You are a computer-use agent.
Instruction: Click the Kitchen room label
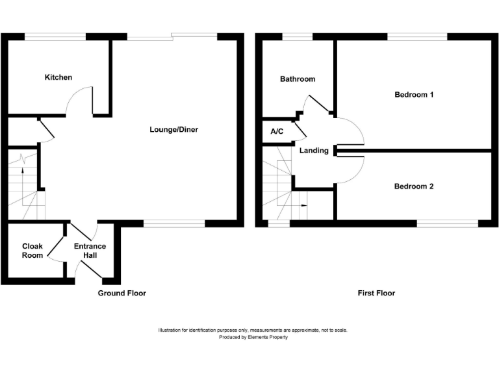coord(58,78)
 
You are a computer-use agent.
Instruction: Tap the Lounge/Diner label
coord(173,130)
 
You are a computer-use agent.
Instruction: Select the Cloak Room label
coord(32,251)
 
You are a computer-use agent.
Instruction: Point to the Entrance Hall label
coord(90,251)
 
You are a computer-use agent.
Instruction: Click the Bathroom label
coord(298,79)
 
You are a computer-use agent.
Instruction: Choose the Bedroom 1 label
coord(414,95)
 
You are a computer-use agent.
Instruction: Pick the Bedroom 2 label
coord(414,186)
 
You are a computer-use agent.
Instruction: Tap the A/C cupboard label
coord(277,132)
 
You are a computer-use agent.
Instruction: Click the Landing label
coord(314,151)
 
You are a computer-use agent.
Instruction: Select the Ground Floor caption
coord(122,293)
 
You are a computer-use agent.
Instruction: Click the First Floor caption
coord(376,293)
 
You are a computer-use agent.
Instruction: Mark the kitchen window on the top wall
coord(55,36)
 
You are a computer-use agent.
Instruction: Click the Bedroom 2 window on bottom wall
coord(448,224)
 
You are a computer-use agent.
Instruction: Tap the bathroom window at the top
coord(297,36)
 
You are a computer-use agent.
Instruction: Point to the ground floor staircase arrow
coord(23,170)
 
